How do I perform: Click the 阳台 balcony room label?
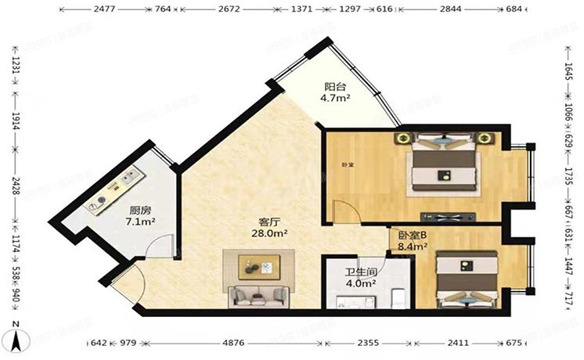tap(336, 87)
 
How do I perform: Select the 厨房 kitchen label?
tap(141, 210)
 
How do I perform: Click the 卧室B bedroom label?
tap(412, 235)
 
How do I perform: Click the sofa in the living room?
tap(258, 297)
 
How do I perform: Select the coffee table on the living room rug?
tap(259, 268)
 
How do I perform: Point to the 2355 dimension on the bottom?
tap(368, 344)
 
